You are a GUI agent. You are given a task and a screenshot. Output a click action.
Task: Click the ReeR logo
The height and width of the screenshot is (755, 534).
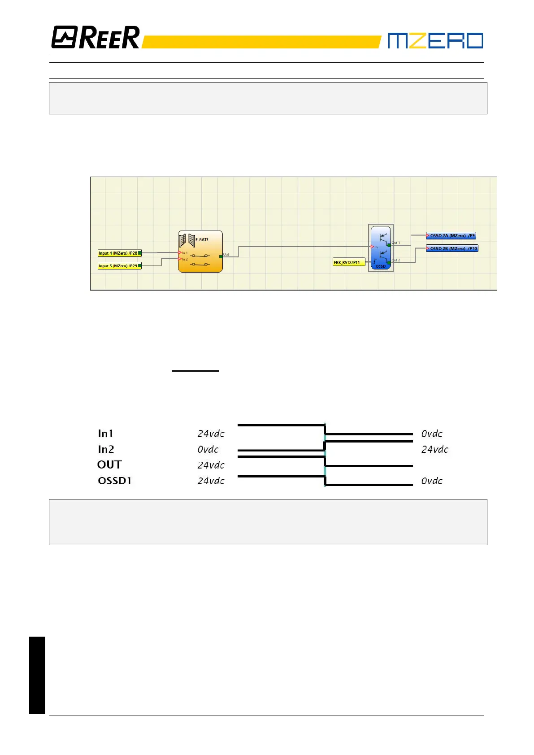point(96,37)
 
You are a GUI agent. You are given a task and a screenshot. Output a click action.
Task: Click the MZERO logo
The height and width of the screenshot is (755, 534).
point(435,40)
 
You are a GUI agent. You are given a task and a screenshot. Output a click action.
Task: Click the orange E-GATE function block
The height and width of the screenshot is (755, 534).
point(200,252)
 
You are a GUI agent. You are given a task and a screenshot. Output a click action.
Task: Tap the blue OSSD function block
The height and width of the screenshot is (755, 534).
point(381,248)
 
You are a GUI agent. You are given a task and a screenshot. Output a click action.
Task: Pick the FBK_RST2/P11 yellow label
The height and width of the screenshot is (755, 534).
point(348,262)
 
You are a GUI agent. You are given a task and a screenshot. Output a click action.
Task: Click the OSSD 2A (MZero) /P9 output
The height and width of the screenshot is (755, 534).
point(451,236)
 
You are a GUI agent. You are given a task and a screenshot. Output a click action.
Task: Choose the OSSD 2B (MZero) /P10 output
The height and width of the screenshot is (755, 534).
point(452,248)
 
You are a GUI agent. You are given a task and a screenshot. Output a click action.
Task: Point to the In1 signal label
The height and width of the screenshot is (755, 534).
point(106,434)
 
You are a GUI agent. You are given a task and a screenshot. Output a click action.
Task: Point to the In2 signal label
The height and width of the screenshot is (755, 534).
point(106,449)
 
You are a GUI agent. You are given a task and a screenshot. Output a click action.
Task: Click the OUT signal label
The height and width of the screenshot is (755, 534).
point(109,465)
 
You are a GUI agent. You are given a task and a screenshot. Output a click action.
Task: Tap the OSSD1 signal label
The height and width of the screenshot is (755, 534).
point(115,481)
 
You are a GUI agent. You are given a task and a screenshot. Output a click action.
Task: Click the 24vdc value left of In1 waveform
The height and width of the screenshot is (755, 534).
point(211,434)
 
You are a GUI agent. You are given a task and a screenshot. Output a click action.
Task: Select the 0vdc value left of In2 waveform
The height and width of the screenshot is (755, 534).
point(208,449)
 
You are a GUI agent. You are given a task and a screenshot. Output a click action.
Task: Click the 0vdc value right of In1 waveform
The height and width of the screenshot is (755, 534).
point(432,434)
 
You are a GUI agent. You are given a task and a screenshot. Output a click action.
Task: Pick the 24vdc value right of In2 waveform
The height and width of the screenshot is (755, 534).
point(434,449)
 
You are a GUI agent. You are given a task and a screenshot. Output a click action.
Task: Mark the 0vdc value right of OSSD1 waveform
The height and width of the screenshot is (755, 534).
point(432,481)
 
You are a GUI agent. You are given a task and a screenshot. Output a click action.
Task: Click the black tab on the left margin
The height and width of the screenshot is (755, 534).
point(37,675)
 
